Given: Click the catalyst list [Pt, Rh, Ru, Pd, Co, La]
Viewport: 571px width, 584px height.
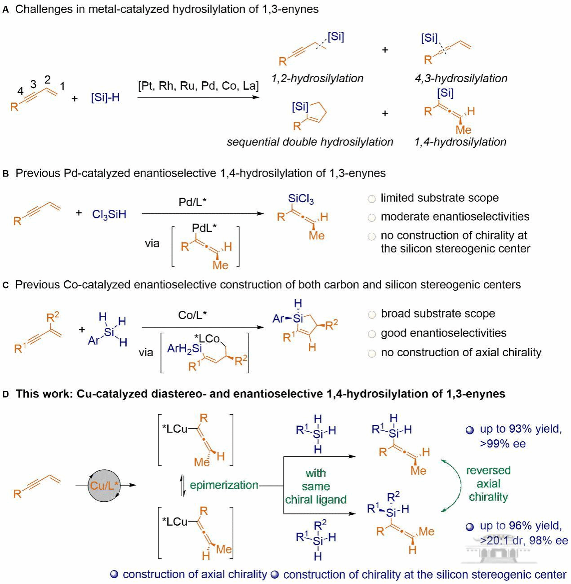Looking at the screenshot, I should pyautogui.click(x=198, y=86).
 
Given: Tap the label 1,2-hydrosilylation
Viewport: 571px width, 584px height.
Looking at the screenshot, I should pyautogui.click(x=317, y=79).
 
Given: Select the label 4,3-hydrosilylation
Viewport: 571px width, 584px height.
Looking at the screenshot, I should pyautogui.click(x=461, y=79).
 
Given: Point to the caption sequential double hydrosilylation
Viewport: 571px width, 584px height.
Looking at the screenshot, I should pyautogui.click(x=310, y=142).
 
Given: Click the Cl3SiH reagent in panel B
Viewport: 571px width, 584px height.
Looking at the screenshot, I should pyautogui.click(x=109, y=214).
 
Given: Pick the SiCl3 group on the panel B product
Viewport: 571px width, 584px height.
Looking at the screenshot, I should pyautogui.click(x=301, y=199).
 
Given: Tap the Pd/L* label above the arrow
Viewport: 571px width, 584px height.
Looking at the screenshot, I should pyautogui.click(x=192, y=203).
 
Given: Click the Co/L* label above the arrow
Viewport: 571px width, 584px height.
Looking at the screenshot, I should pyautogui.click(x=192, y=315).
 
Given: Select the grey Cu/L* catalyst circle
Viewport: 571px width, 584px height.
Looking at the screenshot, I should pyautogui.click(x=104, y=486).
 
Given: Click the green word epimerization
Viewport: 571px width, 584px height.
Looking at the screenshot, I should pyautogui.click(x=224, y=485).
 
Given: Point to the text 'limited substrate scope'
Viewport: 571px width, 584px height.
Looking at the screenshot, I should pyautogui.click(x=439, y=198).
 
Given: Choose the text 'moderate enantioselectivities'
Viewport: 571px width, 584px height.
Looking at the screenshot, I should pyautogui.click(x=455, y=217).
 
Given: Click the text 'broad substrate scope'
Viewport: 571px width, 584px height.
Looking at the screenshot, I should pyautogui.click(x=438, y=314).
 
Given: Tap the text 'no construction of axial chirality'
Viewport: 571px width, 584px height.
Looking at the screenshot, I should pyautogui.click(x=461, y=352).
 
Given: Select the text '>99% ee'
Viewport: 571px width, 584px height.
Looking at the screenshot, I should pyautogui.click(x=503, y=444).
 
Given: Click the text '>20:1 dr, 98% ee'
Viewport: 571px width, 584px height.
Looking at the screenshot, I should pyautogui.click(x=524, y=540).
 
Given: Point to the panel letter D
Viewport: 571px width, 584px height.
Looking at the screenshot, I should pyautogui.click(x=6, y=394).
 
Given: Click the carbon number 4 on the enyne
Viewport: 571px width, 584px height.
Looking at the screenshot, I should pyautogui.click(x=20, y=91).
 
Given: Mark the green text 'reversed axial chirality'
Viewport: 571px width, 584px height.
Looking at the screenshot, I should pyautogui.click(x=488, y=483).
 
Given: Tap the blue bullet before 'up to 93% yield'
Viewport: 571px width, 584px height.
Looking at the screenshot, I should pyautogui.click(x=470, y=430).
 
